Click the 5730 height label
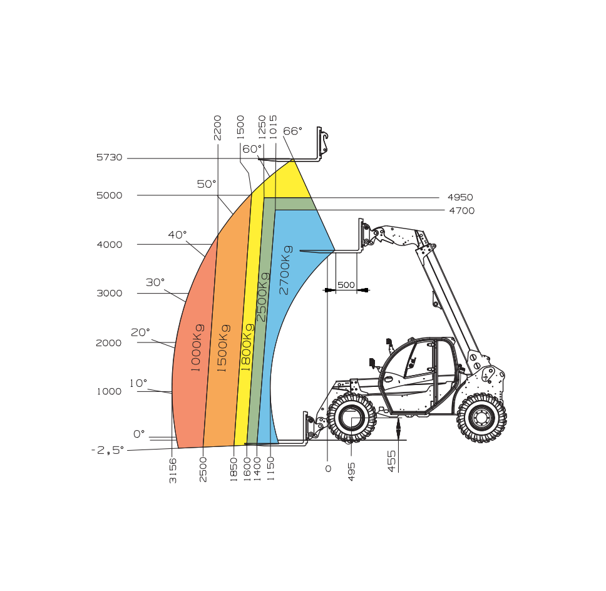pyautogui.click(x=110, y=157)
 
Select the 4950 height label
pyautogui.click(x=460, y=197)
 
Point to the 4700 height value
pyautogui.click(x=462, y=210)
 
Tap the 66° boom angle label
pyautogui.click(x=292, y=131)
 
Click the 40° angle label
pyautogui.click(x=177, y=235)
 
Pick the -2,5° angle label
pyautogui.click(x=108, y=450)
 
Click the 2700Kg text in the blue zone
pyautogui.click(x=285, y=270)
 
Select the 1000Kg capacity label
pyautogui.click(x=197, y=348)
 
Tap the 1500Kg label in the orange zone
pyautogui.click(x=223, y=348)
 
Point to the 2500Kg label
pyautogui.click(x=262, y=297)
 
